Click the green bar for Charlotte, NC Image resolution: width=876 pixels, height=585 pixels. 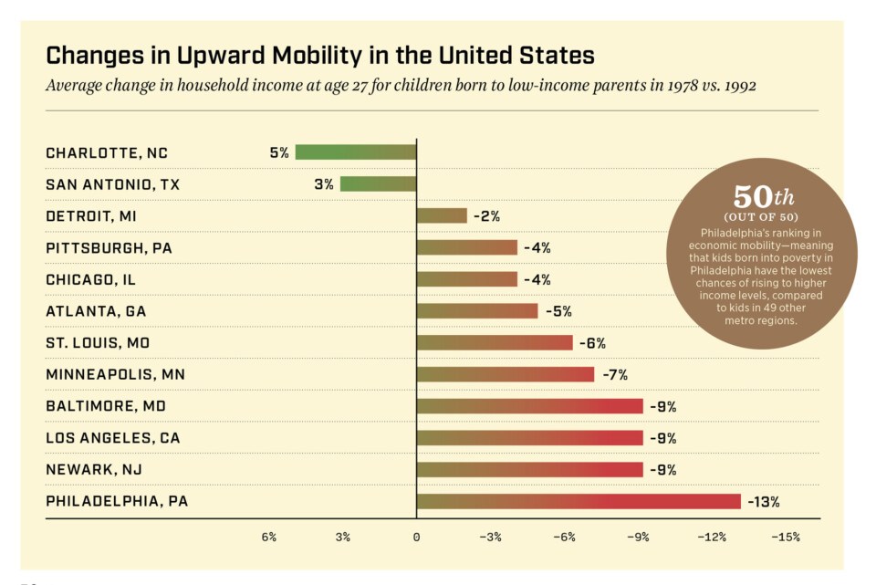tap(355, 152)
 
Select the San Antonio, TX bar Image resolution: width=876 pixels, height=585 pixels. tap(378, 184)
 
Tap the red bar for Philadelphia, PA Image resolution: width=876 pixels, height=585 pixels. tap(579, 501)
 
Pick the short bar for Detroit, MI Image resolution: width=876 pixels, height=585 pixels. tap(442, 216)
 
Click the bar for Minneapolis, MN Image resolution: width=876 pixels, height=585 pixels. tap(506, 374)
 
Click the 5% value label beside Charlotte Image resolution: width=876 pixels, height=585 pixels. tap(278, 152)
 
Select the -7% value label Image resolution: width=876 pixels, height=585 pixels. tap(614, 374)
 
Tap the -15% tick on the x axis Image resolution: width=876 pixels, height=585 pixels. tap(785, 537)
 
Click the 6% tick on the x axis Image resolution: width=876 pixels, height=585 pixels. tap(268, 537)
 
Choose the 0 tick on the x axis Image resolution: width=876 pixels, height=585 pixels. tap(416, 537)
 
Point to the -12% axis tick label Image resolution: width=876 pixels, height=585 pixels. tap(711, 537)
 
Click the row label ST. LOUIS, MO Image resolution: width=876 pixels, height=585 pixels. tap(98, 343)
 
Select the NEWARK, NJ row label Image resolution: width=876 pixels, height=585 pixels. tap(94, 470)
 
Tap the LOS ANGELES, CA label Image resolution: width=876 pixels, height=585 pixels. tap(113, 438)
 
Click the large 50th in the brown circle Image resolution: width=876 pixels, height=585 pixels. tap(764, 197)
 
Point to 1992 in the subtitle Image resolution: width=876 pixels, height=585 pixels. tap(736, 86)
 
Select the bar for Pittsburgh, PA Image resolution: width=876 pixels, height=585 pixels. tap(467, 247)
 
